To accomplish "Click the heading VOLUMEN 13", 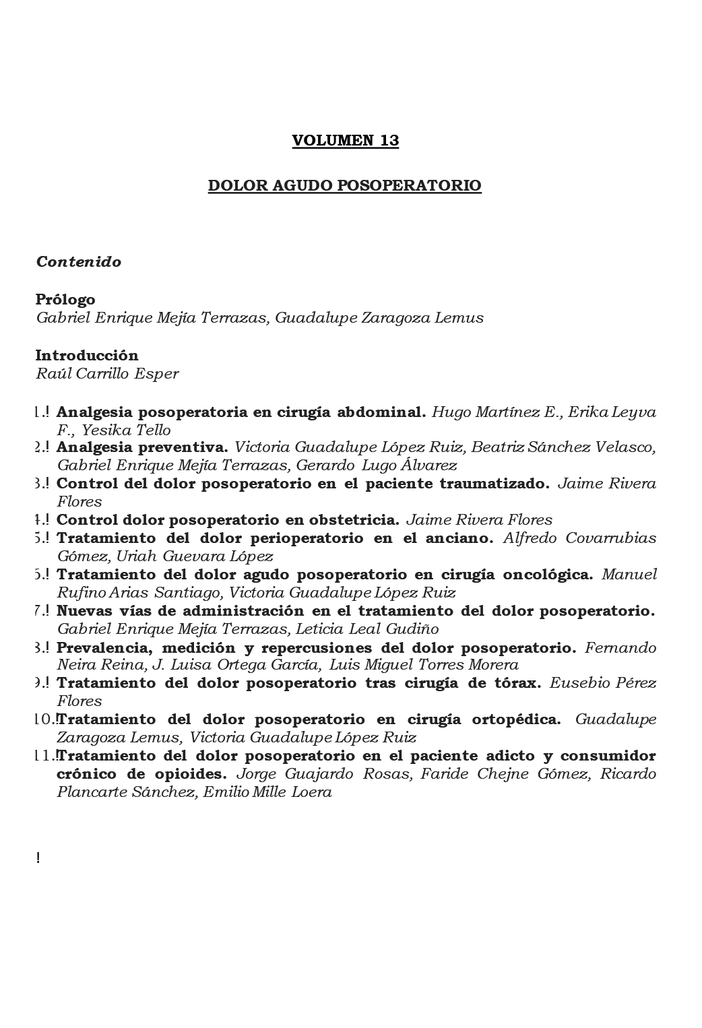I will tap(345, 141).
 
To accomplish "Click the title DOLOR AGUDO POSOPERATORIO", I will tap(344, 185).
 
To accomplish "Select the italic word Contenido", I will tap(79, 262).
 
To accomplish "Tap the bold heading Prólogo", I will tap(65, 299).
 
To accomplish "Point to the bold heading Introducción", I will tap(87, 355).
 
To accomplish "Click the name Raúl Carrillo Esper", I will tap(107, 374).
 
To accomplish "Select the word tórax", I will tap(517, 682).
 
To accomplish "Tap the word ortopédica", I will tap(518, 719).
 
